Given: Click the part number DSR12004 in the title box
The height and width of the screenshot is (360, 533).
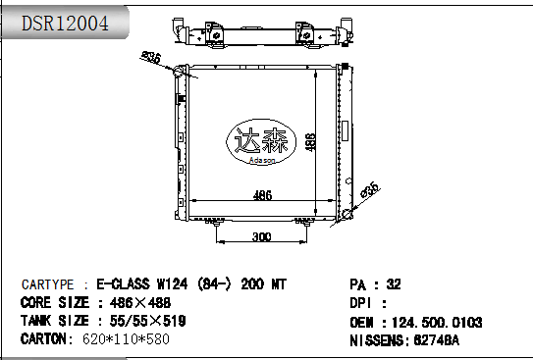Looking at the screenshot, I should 66,22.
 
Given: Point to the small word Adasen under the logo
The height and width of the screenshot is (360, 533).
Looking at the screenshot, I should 259,159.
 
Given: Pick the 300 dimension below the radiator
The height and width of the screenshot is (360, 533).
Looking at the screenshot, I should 261,236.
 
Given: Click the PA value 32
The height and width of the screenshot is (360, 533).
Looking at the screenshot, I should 394,284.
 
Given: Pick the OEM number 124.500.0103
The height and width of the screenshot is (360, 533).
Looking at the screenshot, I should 435,322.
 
